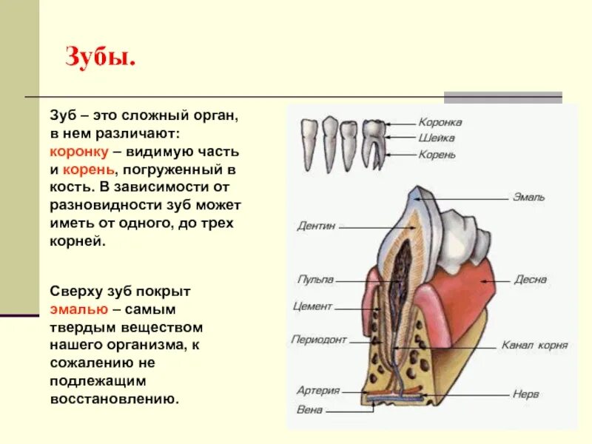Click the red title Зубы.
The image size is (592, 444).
tap(101, 57)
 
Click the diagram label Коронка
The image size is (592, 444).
tap(440, 122)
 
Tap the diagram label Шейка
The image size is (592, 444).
tap(437, 138)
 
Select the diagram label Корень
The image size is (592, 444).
tap(437, 155)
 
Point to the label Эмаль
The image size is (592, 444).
tap(530, 197)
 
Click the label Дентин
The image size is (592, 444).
tap(317, 225)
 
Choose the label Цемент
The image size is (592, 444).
tap(313, 306)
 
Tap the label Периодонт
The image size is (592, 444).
tap(319, 340)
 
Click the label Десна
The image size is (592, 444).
tap(531, 280)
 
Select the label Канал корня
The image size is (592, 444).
tap(534, 345)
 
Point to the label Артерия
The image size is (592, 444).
tap(318, 390)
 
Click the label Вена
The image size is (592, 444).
tap(309, 409)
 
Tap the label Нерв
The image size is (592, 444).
tap(525, 394)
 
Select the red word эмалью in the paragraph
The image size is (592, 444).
tap(79, 309)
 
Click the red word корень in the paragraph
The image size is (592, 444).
tap(87, 169)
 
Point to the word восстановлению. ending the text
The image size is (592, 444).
tap(115, 398)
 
